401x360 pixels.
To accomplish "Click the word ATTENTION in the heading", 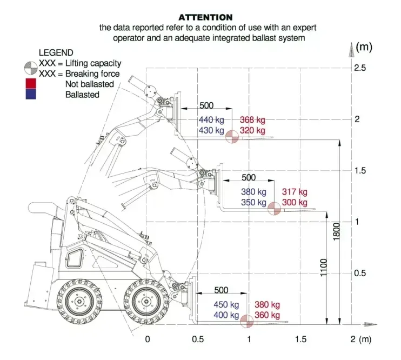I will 205,17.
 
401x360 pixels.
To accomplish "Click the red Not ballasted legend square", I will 30,84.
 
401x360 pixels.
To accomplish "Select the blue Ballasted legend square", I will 30,95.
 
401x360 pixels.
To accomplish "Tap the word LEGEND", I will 56,52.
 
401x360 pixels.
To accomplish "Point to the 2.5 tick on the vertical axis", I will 360,68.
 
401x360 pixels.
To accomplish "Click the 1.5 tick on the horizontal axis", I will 300,339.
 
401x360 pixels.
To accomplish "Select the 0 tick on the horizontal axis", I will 147,339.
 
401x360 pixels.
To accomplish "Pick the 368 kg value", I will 252,120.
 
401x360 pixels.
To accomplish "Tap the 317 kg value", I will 295,192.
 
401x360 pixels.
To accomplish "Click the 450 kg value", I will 226,305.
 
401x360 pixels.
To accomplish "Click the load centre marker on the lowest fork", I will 247,321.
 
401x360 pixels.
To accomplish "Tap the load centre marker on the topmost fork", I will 232,137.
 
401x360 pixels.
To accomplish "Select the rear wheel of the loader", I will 79,302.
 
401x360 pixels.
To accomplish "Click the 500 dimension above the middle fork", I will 248,178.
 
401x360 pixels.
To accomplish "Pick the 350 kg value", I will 253,203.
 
